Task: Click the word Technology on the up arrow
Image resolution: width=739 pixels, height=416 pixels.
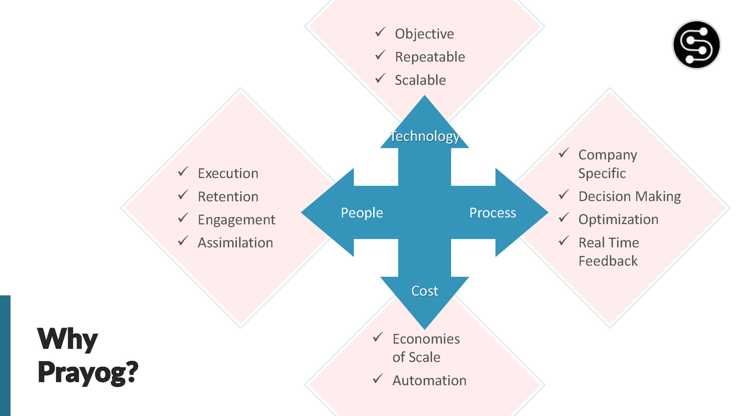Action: [425, 136]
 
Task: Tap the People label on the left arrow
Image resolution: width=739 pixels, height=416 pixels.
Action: [362, 213]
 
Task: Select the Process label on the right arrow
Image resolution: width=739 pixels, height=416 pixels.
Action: [492, 213]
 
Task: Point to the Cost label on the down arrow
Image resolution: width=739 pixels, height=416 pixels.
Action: [425, 291]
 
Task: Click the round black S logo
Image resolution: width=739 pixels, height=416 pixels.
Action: [696, 45]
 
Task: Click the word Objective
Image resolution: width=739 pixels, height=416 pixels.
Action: [424, 34]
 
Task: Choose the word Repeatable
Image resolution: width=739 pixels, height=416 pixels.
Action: [430, 57]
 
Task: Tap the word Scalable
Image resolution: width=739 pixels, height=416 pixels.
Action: [420, 80]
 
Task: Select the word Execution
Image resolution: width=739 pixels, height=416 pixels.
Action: [228, 174]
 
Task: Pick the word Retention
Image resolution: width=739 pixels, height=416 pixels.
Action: [228, 197]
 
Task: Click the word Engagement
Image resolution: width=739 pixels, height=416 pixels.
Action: [236, 220]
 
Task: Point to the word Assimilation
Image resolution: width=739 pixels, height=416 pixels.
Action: [235, 243]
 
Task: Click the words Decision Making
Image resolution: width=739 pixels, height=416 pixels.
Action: [630, 196]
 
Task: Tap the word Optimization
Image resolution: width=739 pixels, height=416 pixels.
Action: [618, 220]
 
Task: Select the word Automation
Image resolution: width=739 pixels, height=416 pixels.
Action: [429, 380]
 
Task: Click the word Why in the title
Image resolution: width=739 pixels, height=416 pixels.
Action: [68, 339]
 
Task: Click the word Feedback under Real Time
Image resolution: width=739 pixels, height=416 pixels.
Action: [608, 261]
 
